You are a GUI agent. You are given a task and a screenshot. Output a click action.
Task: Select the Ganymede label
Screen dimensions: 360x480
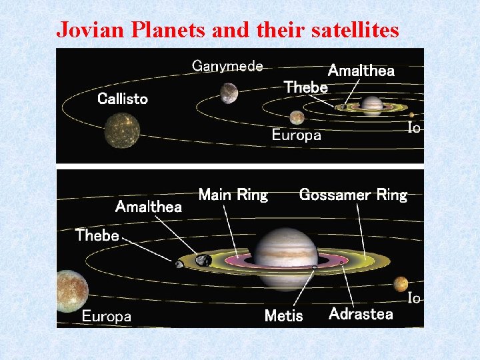pyautogui.click(x=227, y=66)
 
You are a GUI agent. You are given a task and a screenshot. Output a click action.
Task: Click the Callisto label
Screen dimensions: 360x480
pyautogui.click(x=123, y=99)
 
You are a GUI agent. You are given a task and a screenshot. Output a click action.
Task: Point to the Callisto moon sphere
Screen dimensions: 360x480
pyautogui.click(x=122, y=129)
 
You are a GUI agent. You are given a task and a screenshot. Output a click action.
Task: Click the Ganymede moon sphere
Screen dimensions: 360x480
pyautogui.click(x=229, y=93)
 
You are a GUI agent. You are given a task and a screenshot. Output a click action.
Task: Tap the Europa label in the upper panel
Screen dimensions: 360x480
pyautogui.click(x=296, y=135)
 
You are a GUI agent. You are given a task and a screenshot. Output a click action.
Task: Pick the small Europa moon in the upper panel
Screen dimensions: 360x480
pyautogui.click(x=297, y=117)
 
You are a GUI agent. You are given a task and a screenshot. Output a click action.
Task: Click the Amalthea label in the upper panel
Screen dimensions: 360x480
pyautogui.click(x=361, y=71)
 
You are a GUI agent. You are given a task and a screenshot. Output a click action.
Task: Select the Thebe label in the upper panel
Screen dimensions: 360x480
pyautogui.click(x=306, y=87)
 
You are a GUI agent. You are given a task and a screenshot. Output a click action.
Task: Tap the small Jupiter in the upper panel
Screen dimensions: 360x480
pyautogui.click(x=371, y=105)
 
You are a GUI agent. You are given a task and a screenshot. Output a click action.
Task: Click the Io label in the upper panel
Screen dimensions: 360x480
pyautogui.click(x=414, y=127)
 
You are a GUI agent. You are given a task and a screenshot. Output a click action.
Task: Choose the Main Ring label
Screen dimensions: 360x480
pyautogui.click(x=233, y=195)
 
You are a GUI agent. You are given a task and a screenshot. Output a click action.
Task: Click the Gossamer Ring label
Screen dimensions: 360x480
pyautogui.click(x=353, y=195)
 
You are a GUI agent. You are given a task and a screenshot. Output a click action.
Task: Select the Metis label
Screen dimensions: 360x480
pyautogui.click(x=283, y=316)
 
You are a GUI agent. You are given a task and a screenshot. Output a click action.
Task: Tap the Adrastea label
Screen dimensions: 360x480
pyautogui.click(x=361, y=314)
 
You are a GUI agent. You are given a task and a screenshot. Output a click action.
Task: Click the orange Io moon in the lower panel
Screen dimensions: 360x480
pyautogui.click(x=401, y=284)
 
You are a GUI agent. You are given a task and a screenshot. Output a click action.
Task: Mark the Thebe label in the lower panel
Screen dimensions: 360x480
pyautogui.click(x=97, y=235)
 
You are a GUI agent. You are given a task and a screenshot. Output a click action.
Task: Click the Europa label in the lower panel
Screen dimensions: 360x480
pyautogui.click(x=107, y=317)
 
